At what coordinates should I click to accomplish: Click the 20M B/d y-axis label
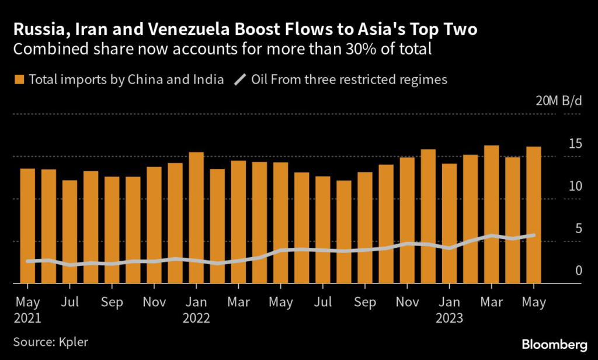coord(559,101)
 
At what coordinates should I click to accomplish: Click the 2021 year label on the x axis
coord(27,319)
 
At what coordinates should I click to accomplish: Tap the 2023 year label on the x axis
coord(449,319)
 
